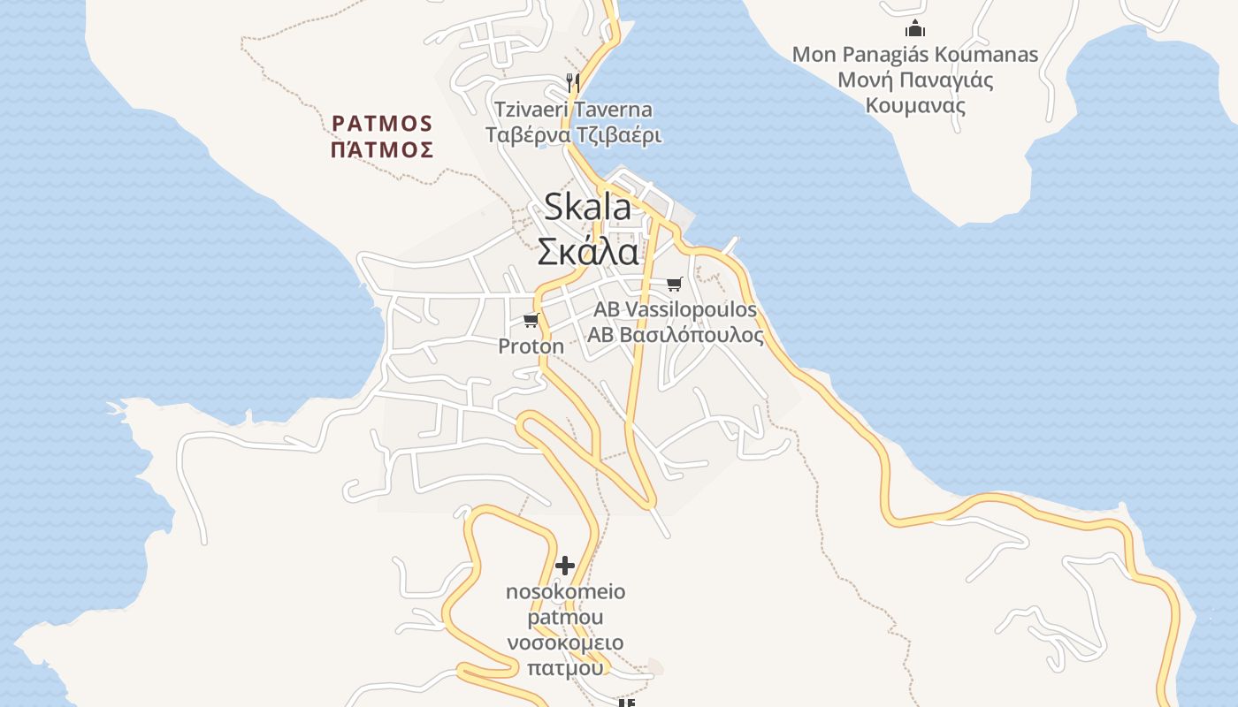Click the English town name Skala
coord(587,207)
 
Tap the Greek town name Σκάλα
coord(588,252)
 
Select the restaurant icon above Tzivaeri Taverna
coord(573,83)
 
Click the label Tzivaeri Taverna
coord(573,110)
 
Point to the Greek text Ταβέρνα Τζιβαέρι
coord(573,136)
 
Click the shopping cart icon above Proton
coord(531,320)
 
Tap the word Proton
coord(531,346)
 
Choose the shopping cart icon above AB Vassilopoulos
coord(675,284)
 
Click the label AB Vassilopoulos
coord(675,309)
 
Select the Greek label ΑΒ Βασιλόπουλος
coord(675,336)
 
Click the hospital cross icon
coord(565,566)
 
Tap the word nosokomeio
coord(565,591)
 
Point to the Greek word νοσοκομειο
coord(565,642)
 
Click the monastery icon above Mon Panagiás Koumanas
coord(915,28)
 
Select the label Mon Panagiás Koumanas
coord(915,55)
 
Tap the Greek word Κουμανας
coord(915,106)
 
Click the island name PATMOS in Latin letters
coord(382,123)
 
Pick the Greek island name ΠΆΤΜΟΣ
coord(382,149)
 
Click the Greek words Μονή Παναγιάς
coord(915,80)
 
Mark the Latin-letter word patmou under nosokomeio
coord(565,617)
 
